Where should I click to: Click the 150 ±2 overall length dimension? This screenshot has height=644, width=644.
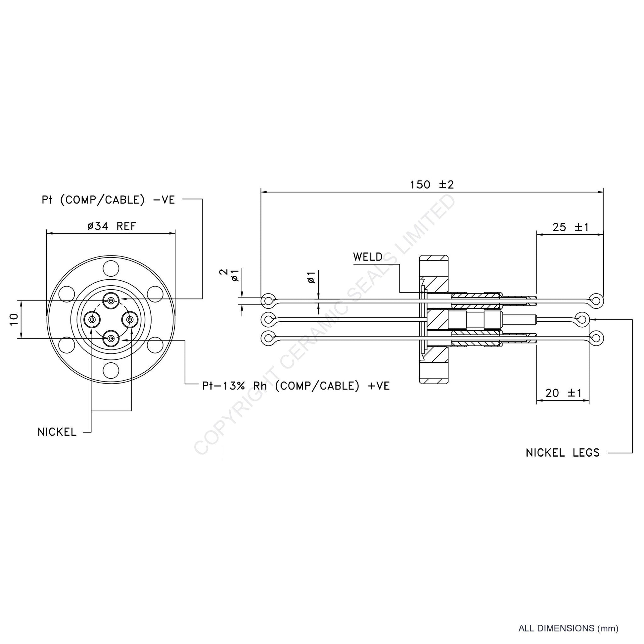coord(432,184)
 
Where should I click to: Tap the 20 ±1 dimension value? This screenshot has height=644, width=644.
coord(563,393)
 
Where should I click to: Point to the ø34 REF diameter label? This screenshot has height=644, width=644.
coord(112,226)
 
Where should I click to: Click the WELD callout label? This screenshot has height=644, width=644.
coord(368,257)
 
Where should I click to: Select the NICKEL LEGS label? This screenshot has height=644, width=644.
coord(563,453)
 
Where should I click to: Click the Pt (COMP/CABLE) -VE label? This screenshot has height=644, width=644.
coord(108,200)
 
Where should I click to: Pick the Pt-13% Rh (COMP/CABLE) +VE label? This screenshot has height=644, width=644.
coord(296,386)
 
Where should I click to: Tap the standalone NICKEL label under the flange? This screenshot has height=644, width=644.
coord(57,432)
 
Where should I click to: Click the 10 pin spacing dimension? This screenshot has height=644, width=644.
coord(14,320)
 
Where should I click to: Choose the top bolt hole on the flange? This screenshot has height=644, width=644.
coord(111,268)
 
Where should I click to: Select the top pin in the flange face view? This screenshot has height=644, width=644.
coord(111,301)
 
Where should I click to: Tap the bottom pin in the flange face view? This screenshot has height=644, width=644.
coord(111,339)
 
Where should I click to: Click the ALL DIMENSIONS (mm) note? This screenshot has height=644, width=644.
coord(568,629)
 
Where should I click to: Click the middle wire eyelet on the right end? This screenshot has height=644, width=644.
coord(582,319)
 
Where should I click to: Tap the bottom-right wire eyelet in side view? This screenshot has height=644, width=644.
coord(596,338)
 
